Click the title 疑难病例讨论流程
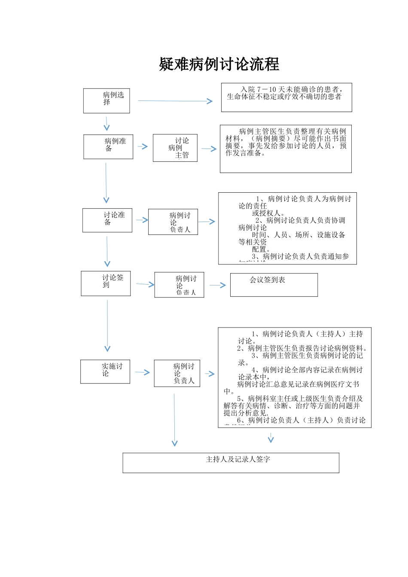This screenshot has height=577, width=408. (219, 64)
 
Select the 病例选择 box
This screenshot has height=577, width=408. (107, 101)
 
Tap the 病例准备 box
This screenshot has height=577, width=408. (108, 147)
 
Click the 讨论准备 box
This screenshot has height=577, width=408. (107, 220)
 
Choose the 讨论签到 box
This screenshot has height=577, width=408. (106, 283)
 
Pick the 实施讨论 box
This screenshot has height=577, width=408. (105, 371)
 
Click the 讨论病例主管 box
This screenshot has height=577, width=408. (175, 148)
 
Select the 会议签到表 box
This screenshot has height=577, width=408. (274, 285)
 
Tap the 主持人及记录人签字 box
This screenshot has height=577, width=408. (231, 463)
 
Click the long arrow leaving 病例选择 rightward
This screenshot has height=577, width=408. (175, 101)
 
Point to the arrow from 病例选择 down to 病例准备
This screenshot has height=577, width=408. (107, 123)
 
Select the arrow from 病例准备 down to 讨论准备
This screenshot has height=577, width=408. (106, 182)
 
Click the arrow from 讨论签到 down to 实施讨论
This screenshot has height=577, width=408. (107, 326)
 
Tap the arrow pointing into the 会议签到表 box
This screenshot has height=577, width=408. (217, 285)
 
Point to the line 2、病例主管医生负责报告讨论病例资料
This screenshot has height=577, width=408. (302, 348)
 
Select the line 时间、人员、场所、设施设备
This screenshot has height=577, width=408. (298, 235)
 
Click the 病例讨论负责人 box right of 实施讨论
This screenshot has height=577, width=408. (177, 374)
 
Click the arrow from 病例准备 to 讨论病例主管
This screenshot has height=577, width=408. (143, 146)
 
